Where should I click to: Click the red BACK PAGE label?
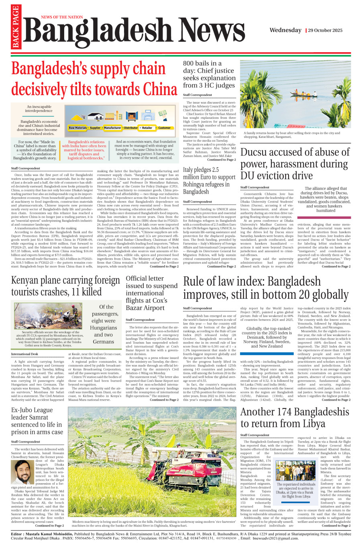[16, 27]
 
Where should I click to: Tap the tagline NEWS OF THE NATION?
[62, 17]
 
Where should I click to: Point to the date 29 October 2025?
[325, 31]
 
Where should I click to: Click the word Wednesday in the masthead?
[285, 30]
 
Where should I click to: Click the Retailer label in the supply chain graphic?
[147, 128]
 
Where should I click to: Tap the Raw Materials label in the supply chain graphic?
[77, 128]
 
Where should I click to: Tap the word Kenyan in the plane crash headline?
[27, 280]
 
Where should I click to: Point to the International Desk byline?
[24, 354]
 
